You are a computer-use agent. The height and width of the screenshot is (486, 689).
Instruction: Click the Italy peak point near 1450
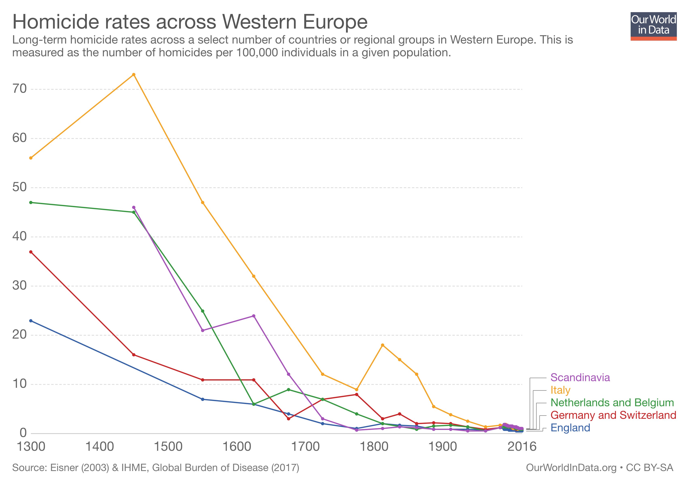(x=134, y=75)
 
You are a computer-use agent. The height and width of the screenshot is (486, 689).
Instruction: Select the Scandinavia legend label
(x=580, y=377)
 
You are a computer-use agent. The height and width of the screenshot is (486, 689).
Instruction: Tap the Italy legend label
(x=560, y=390)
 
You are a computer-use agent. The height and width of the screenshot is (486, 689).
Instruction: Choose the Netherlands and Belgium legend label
(x=612, y=403)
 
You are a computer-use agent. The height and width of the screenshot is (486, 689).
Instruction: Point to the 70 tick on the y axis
(x=19, y=89)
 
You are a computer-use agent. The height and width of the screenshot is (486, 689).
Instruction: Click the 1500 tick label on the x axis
(x=168, y=447)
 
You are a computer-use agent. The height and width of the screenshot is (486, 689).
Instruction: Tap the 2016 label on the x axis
(x=522, y=447)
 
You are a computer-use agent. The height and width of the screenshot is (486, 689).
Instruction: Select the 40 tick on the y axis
(x=19, y=237)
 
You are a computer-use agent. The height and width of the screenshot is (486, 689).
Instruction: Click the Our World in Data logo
(x=653, y=26)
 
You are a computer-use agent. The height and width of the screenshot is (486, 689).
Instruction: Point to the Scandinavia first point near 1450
(x=134, y=208)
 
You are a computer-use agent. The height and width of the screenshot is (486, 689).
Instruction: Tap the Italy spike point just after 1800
(x=382, y=345)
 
